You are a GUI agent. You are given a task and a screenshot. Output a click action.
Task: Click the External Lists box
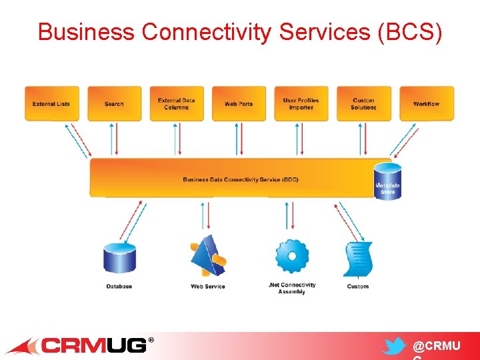(x=51, y=103)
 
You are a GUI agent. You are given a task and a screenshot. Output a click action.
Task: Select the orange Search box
(x=114, y=103)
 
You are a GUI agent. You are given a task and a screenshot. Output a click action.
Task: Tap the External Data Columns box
(x=177, y=103)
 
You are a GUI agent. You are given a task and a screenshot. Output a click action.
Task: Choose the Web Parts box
(x=239, y=103)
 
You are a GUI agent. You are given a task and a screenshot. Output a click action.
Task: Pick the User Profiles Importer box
(x=301, y=103)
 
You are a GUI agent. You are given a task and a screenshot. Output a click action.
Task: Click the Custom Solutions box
(x=363, y=103)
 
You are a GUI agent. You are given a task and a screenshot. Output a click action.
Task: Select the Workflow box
(x=426, y=103)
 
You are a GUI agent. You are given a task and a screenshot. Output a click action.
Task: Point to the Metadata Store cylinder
(x=387, y=181)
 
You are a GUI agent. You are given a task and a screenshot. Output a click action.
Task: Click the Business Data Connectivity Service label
(x=241, y=179)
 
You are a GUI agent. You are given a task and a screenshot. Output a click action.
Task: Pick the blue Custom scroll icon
(x=358, y=259)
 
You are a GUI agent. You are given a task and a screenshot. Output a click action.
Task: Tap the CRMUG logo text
(x=93, y=345)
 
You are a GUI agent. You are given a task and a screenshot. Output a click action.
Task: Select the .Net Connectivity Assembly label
(x=292, y=288)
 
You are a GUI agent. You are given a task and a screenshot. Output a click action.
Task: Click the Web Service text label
(x=208, y=287)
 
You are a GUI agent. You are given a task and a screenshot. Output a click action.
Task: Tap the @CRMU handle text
(x=436, y=346)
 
